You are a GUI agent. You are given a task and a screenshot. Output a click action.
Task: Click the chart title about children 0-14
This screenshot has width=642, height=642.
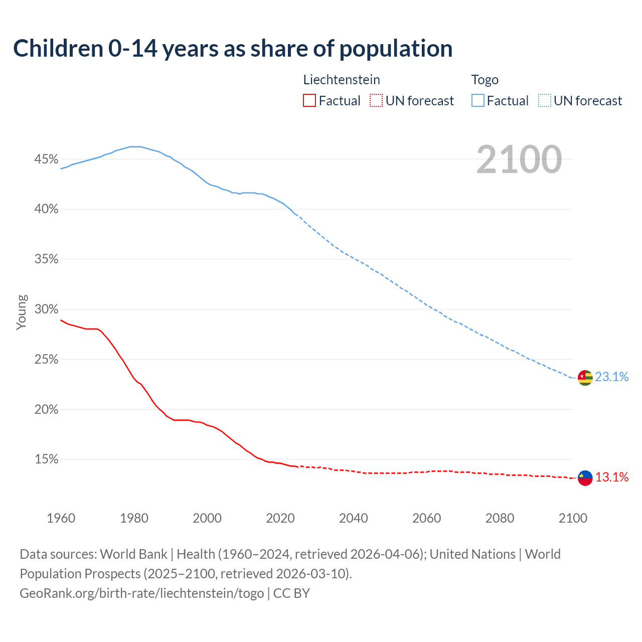(233, 49)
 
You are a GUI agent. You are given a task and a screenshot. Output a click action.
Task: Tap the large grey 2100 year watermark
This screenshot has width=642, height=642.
(519, 159)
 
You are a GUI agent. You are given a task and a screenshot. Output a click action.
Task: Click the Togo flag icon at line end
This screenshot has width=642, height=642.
(585, 378)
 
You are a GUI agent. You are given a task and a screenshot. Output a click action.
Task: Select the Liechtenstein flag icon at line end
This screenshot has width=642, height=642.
(585, 478)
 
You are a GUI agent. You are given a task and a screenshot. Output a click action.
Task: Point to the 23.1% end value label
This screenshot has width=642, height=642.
(612, 377)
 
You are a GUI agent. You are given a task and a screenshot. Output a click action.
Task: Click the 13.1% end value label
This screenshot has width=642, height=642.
(612, 477)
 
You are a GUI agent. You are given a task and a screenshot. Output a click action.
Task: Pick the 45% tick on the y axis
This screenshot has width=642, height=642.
(46, 159)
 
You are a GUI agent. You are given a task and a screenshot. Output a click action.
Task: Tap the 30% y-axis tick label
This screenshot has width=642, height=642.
(46, 309)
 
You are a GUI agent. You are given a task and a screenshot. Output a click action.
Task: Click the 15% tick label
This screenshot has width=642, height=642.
(46, 459)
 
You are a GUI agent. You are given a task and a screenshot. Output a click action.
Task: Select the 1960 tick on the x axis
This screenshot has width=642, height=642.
(61, 518)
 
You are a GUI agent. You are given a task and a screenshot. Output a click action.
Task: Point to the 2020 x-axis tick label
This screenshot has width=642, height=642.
(280, 518)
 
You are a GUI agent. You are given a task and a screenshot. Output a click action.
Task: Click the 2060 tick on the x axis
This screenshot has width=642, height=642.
(426, 518)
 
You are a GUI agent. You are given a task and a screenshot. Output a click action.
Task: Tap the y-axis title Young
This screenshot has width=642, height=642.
(22, 312)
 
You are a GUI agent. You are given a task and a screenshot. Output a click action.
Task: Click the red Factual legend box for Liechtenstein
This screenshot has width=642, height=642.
(309, 101)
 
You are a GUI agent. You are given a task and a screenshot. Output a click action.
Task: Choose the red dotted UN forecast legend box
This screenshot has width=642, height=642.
(376, 101)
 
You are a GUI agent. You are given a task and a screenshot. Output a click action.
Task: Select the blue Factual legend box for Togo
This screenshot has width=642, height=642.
(477, 101)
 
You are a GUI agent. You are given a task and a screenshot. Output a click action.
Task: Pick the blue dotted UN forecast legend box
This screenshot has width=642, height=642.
(544, 101)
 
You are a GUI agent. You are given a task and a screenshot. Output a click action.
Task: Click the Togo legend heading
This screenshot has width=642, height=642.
(485, 80)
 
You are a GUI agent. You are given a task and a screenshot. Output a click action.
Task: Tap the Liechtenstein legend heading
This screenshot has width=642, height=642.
(342, 80)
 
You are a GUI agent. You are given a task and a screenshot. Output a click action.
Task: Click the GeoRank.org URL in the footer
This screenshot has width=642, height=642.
(141, 593)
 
